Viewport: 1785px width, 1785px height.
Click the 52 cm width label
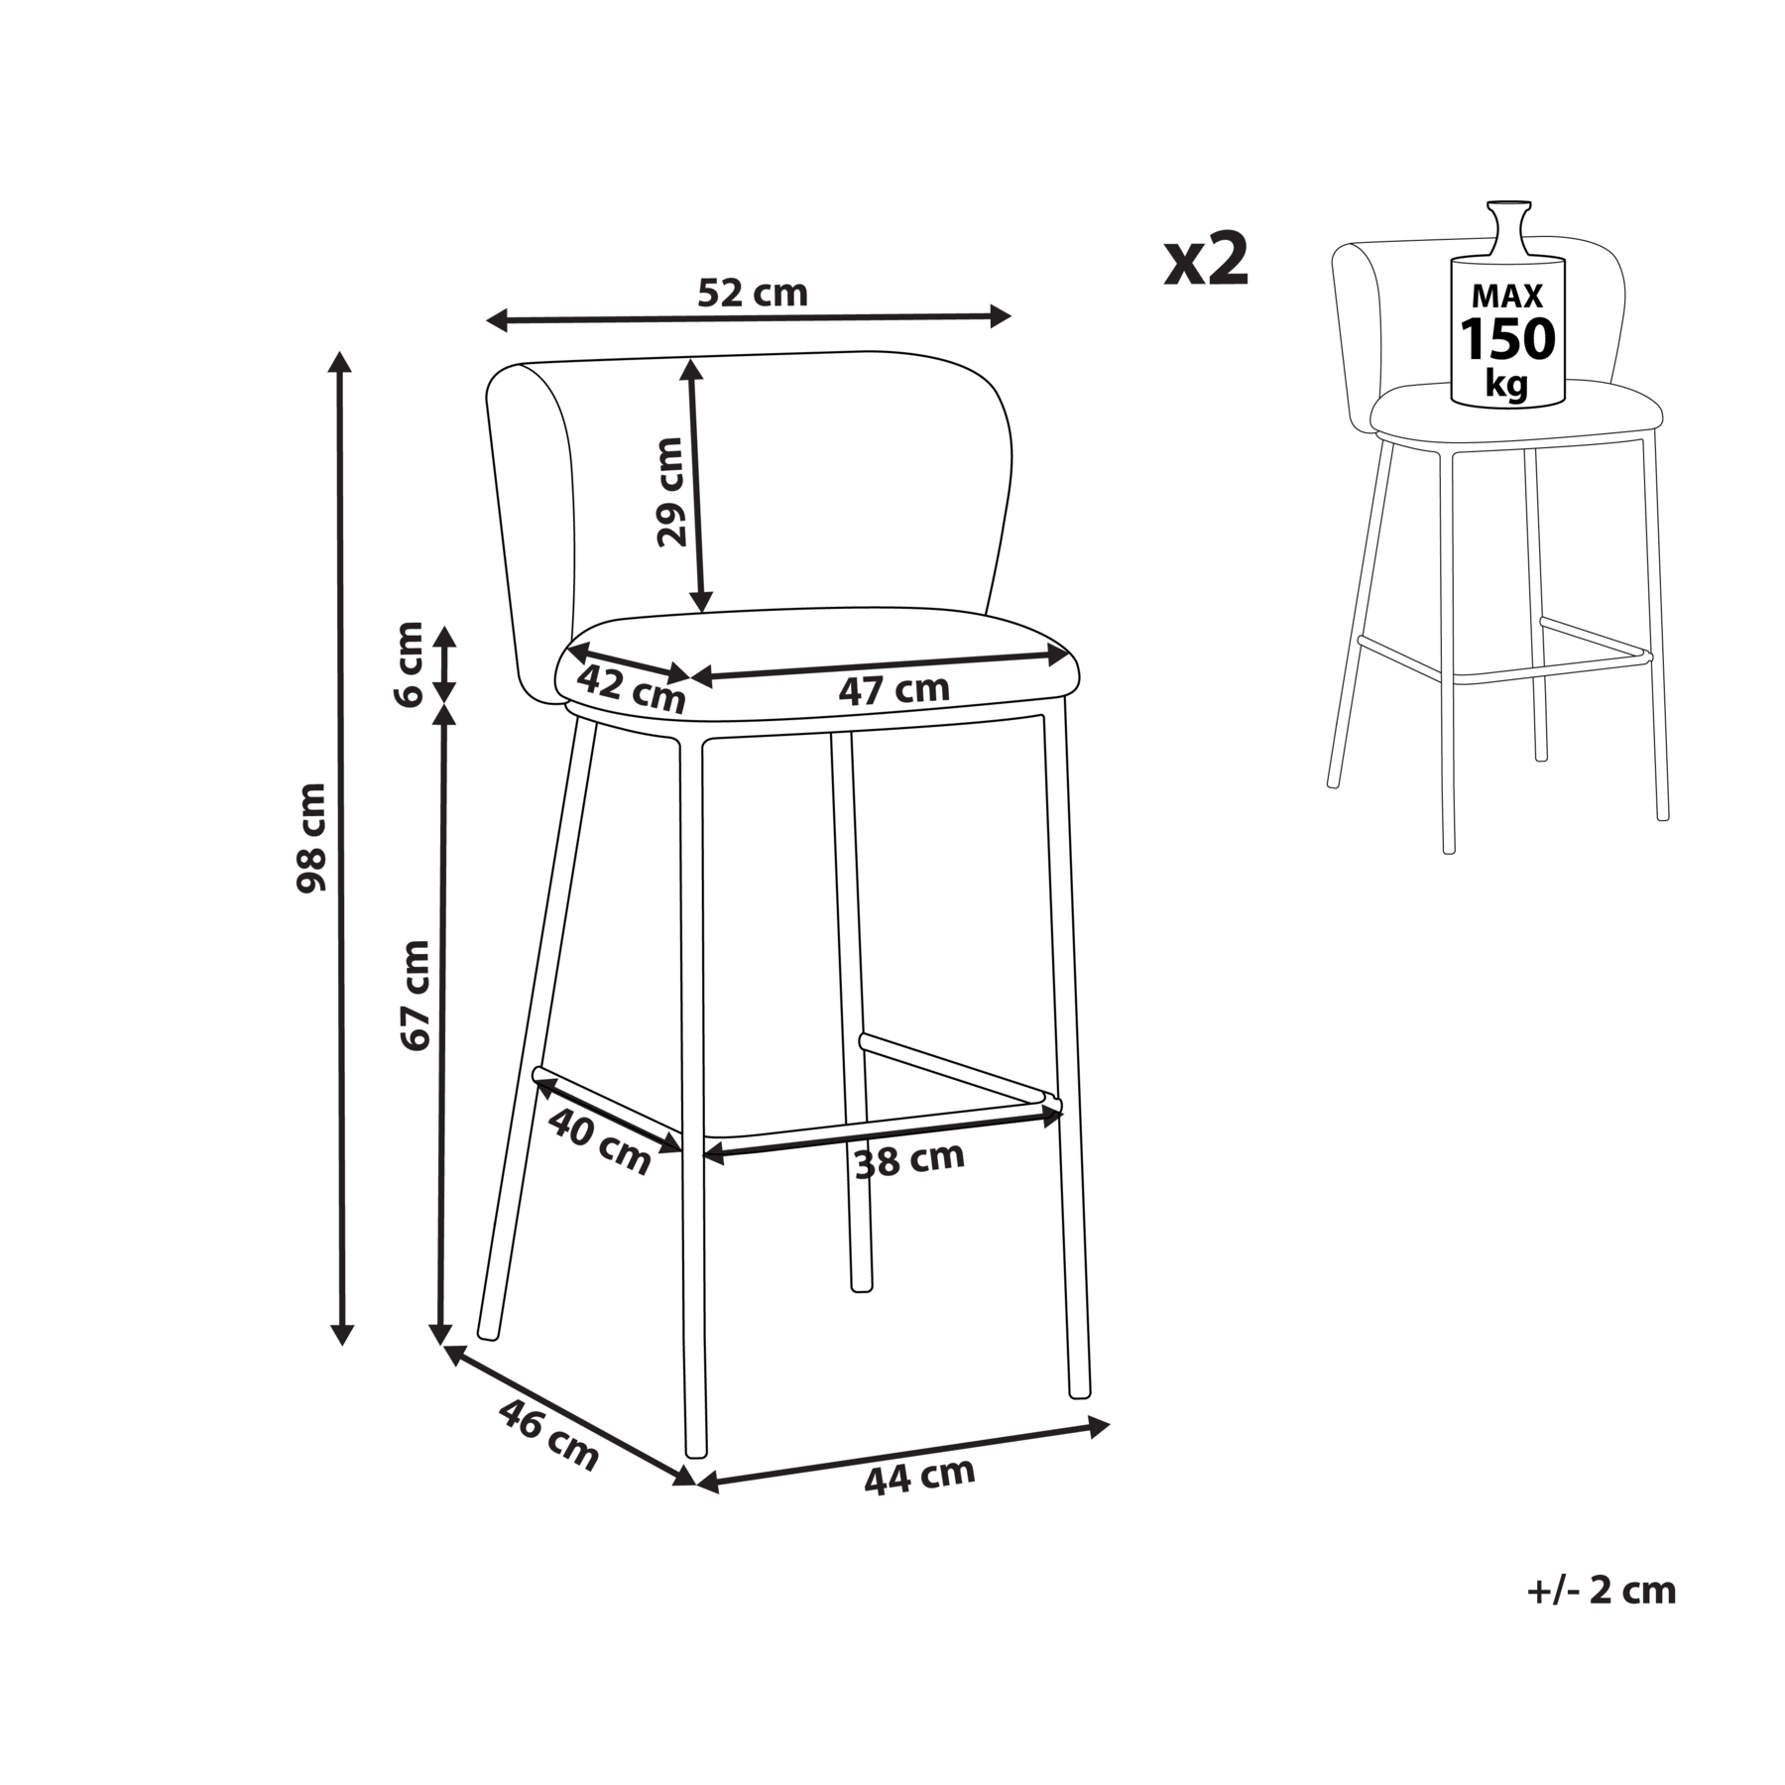[753, 293]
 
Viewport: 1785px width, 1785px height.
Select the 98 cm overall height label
[311, 837]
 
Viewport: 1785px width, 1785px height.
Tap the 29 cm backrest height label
[671, 492]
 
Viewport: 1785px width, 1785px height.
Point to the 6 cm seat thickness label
[409, 663]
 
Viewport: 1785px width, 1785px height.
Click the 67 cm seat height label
[415, 996]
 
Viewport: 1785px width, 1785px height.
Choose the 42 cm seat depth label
[632, 688]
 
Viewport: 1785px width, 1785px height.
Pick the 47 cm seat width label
[893, 689]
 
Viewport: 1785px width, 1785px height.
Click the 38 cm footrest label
[909, 1159]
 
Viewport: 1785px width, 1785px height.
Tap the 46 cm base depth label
[548, 1434]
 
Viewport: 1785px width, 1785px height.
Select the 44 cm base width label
[919, 1477]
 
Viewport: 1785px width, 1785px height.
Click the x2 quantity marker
[1206, 260]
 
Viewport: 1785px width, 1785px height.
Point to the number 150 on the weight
[1507, 339]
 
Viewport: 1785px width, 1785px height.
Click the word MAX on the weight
[1507, 296]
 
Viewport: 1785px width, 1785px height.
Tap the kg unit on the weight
[1506, 383]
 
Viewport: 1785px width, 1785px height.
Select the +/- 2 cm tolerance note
[1602, 1618]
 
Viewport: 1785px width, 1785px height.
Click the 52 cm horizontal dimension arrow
[749, 318]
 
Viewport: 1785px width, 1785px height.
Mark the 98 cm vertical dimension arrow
[341, 848]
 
